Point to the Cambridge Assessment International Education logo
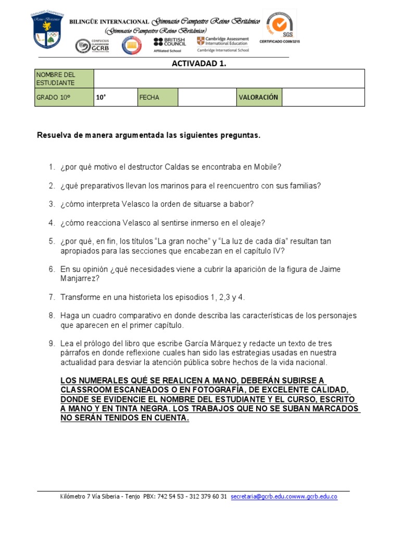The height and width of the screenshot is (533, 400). (223, 44)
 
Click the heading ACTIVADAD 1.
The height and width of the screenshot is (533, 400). (199, 64)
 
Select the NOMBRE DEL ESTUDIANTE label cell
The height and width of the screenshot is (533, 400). (64, 79)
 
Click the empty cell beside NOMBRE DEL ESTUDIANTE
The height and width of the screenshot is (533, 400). (229, 79)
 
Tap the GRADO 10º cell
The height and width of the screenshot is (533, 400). (64, 97)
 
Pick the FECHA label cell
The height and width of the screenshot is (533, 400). (157, 97)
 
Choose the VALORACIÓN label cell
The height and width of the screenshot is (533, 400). (258, 97)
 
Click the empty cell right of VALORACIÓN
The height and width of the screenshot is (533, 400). (322, 97)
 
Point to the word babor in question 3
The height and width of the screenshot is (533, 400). (242, 204)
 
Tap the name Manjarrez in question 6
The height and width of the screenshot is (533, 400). (80, 278)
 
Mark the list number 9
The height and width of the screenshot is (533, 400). (52, 344)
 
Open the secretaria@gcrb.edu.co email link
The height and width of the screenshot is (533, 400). (257, 497)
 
